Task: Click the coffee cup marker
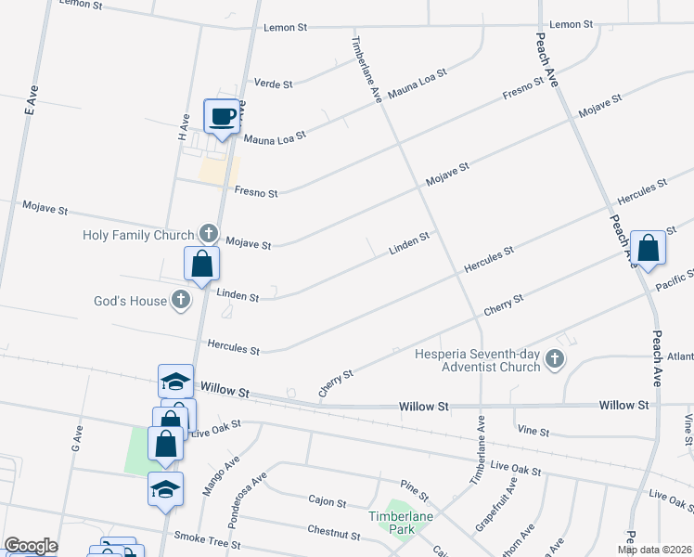pos(222,116)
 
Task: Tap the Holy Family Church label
pos(138,235)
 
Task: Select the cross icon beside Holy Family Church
pos(209,232)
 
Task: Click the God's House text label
pos(130,301)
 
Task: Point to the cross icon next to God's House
pos(181,299)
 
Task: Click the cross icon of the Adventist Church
pos(555,359)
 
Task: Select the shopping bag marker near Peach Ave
pos(648,248)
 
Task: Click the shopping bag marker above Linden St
pos(201,264)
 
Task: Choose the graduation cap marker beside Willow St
pos(175,382)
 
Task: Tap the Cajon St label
pos(327,500)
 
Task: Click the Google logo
pos(31,546)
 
